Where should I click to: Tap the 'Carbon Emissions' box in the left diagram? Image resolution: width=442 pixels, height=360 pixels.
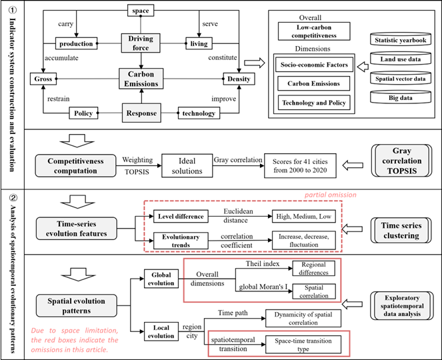click(141, 78)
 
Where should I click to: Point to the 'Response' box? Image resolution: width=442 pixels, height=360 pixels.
click(141, 113)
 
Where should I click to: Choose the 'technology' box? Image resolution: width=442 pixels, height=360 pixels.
click(198, 113)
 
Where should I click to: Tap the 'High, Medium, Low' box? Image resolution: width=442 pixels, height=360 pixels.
click(304, 217)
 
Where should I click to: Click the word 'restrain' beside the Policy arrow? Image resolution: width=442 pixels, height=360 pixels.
click(59, 100)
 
